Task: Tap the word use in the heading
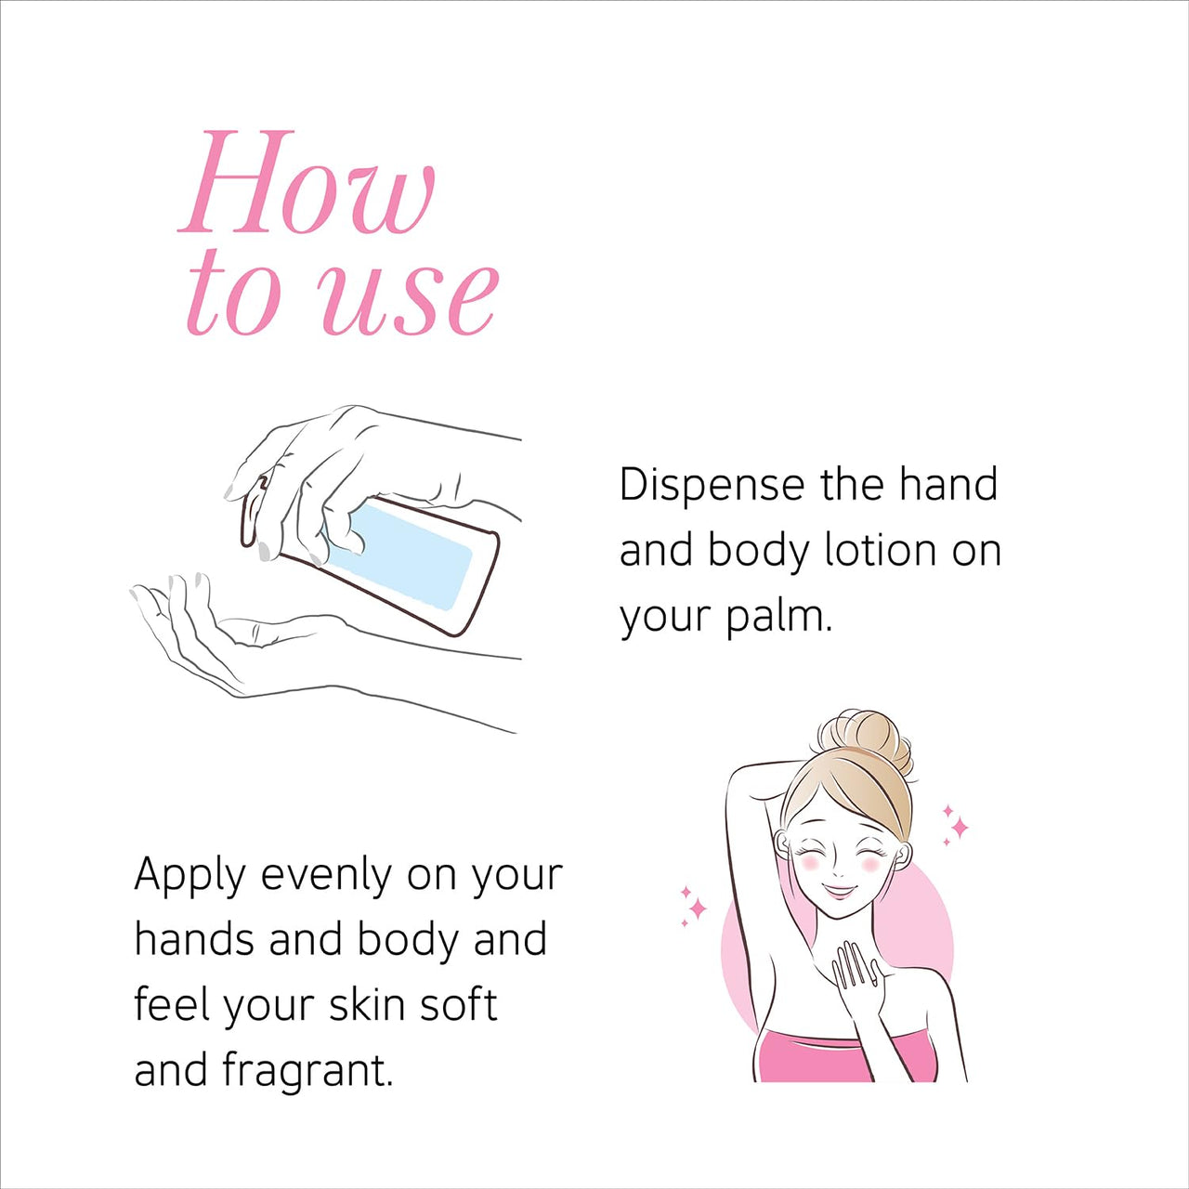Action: coord(409,295)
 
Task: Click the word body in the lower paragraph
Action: coord(409,941)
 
